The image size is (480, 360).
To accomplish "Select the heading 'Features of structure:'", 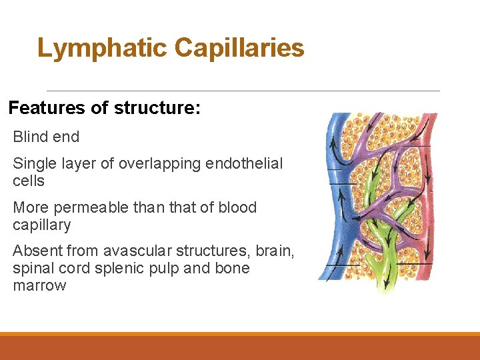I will coord(104,108).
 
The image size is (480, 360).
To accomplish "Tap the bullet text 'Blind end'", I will coord(46,137).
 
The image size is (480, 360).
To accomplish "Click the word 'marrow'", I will coord(39,286).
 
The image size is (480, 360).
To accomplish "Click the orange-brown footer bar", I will coord(240,348).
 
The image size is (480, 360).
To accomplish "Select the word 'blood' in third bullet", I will coord(235,207).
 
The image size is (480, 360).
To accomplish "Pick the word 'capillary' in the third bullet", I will coord(41,225).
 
